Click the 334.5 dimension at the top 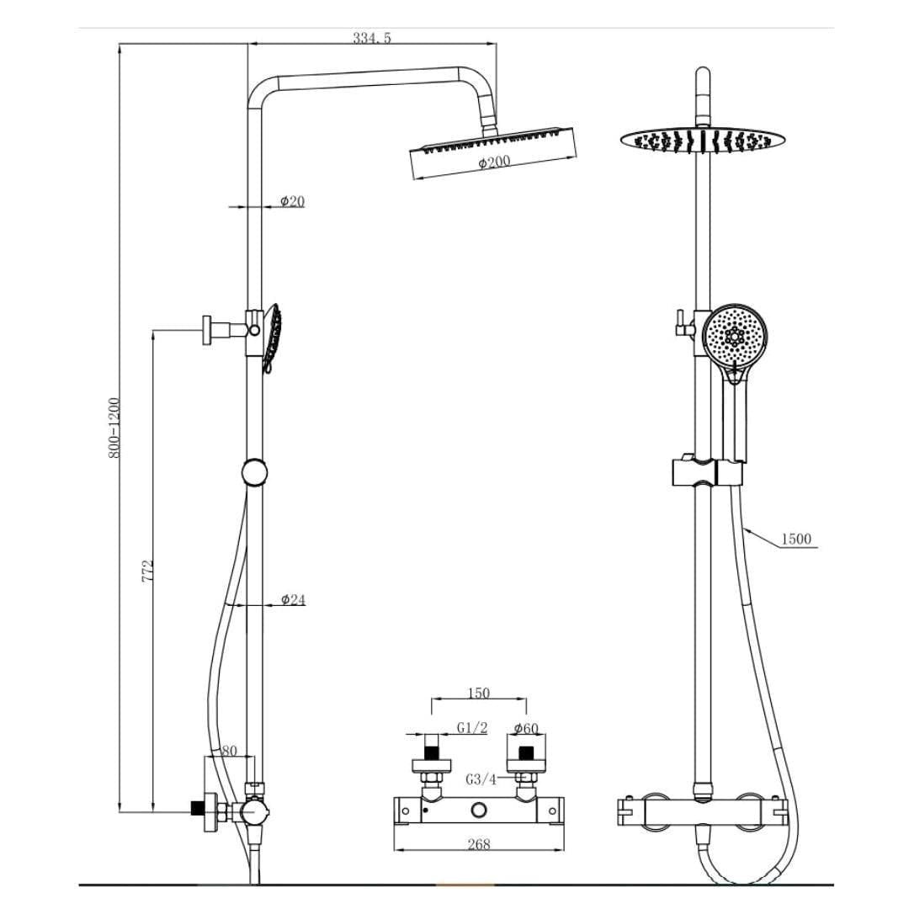(x=372, y=38)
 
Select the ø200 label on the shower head (x=495, y=162)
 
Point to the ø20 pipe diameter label (x=292, y=201)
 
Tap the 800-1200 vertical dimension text (x=115, y=427)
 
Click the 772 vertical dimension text (x=147, y=572)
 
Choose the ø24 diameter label (x=293, y=599)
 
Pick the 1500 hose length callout (x=796, y=539)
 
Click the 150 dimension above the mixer (x=478, y=694)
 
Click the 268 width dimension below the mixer (x=478, y=844)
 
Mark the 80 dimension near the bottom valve (x=229, y=750)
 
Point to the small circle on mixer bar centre (x=480, y=810)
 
